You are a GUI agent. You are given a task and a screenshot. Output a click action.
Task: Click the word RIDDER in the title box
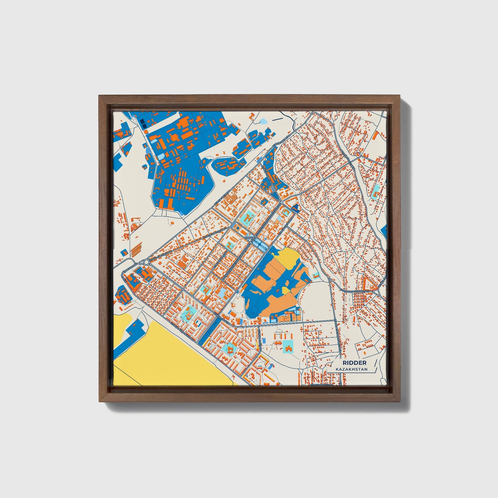tap(354, 363)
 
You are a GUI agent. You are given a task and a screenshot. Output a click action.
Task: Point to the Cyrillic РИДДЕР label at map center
tap(250, 237)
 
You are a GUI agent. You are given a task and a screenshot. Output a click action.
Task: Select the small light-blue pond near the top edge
tap(263, 121)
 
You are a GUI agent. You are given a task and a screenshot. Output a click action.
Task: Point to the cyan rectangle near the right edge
tap(377, 189)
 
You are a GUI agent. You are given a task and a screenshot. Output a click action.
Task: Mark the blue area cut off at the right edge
tap(385, 232)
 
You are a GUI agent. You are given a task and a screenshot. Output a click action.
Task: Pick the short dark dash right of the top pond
tap(277, 120)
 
